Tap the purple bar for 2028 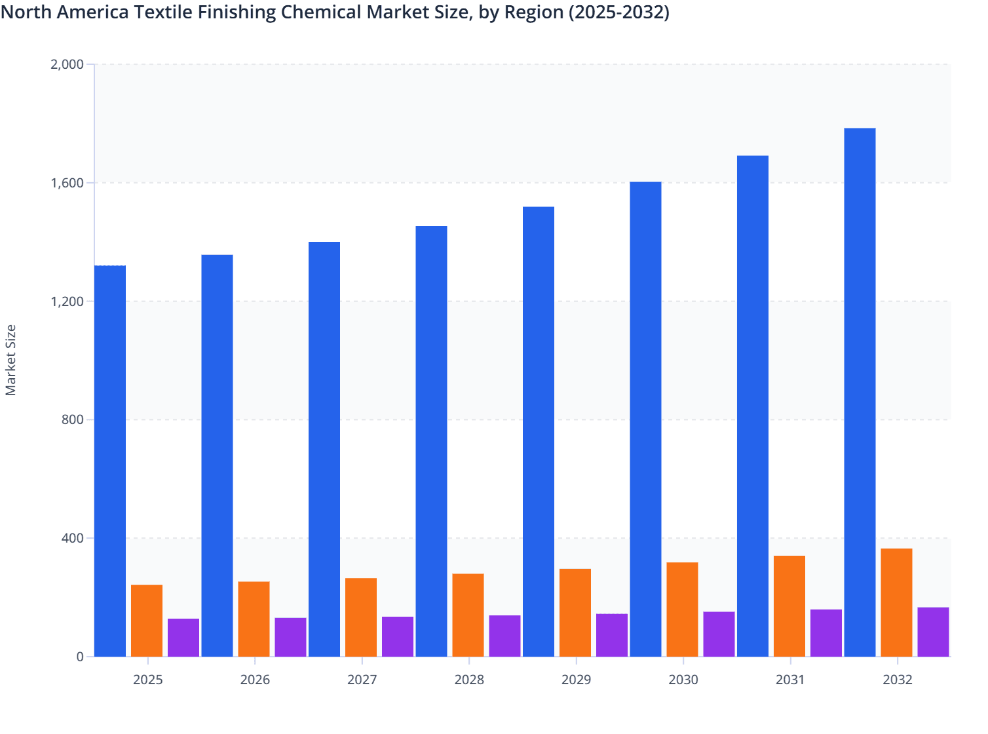pyautogui.click(x=504, y=636)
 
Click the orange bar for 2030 pyautogui.click(x=682, y=609)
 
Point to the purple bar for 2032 pyautogui.click(x=933, y=632)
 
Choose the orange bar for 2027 pyautogui.click(x=361, y=617)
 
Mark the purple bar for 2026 pyautogui.click(x=290, y=636)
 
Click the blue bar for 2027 pyautogui.click(x=324, y=449)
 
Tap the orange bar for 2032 pyautogui.click(x=896, y=602)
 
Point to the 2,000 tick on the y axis pyautogui.click(x=67, y=64)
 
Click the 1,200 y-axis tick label pyautogui.click(x=67, y=301)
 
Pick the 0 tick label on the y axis pyautogui.click(x=80, y=657)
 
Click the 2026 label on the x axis pyautogui.click(x=255, y=680)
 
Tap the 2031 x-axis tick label pyautogui.click(x=790, y=680)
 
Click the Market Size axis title pyautogui.click(x=10, y=360)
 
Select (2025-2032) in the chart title pyautogui.click(x=618, y=12)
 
